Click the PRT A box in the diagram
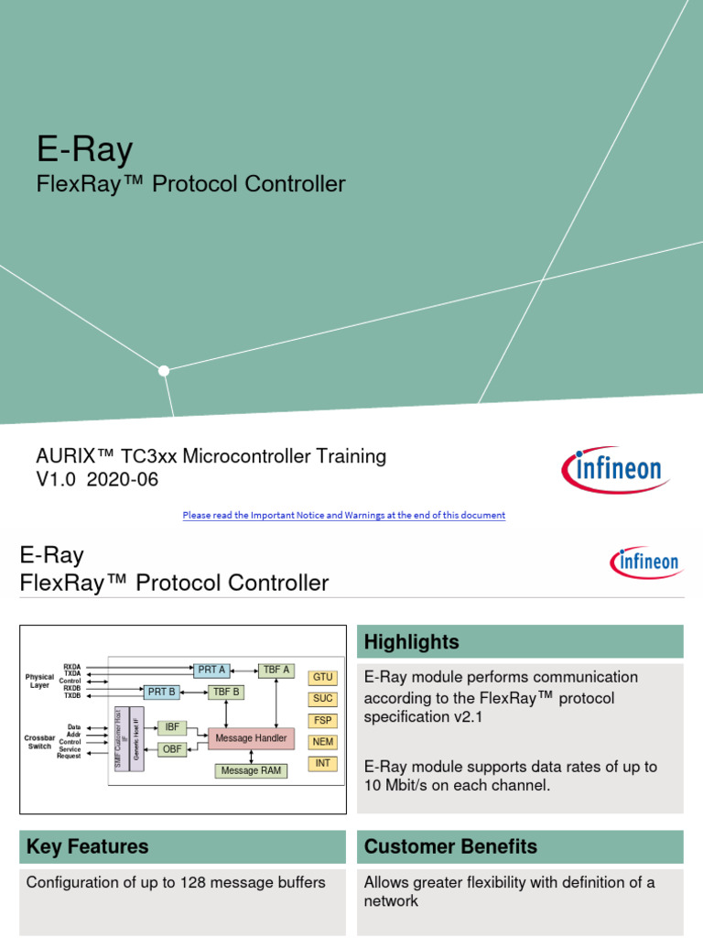click(211, 671)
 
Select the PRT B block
click(161, 693)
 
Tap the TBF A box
click(276, 671)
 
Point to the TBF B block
click(224, 693)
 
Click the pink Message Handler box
click(251, 738)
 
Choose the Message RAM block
click(251, 771)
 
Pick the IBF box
click(172, 728)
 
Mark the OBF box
click(172, 749)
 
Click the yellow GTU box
click(323, 678)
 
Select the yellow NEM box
click(323, 742)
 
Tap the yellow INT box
click(323, 763)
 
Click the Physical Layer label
click(39, 681)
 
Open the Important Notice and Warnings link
click(343, 516)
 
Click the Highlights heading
click(411, 642)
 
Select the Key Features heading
click(88, 846)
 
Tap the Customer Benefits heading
click(450, 846)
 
